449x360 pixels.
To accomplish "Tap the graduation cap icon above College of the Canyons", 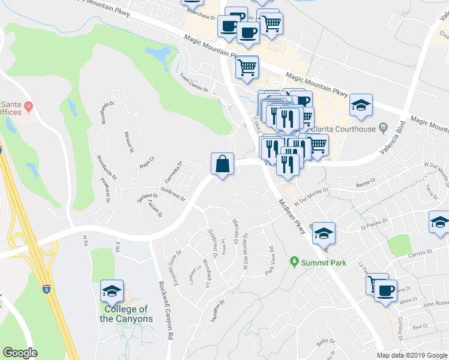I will click(x=112, y=291).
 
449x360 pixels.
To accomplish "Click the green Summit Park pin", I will click(x=294, y=262).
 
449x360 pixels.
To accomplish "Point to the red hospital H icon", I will click(x=28, y=109).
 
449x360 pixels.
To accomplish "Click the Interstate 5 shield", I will click(x=46, y=289).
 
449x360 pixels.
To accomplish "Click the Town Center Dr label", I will click(x=193, y=83).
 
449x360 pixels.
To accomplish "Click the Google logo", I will click(x=20, y=353).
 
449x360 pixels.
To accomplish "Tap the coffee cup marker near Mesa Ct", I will click(x=385, y=290).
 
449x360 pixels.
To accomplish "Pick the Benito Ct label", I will click(x=365, y=179).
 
